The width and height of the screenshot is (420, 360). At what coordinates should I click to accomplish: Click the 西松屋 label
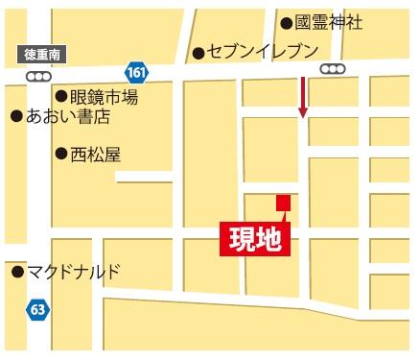96,153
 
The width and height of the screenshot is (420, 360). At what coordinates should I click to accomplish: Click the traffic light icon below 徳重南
39,75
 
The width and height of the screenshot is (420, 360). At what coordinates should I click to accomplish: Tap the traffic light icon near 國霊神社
332,68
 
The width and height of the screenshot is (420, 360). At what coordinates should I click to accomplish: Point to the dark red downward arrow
303,97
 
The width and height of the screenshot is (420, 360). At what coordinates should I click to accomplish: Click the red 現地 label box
255,238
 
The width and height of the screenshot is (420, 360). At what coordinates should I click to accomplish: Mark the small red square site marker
283,202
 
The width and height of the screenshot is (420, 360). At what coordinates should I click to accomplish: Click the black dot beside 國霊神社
286,22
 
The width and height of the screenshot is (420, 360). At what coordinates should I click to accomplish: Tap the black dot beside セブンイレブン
198,52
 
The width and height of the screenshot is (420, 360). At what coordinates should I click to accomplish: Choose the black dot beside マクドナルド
16,272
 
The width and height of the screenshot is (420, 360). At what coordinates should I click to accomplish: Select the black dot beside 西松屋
60,153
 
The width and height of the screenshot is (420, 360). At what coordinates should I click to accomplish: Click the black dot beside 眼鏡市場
60,96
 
